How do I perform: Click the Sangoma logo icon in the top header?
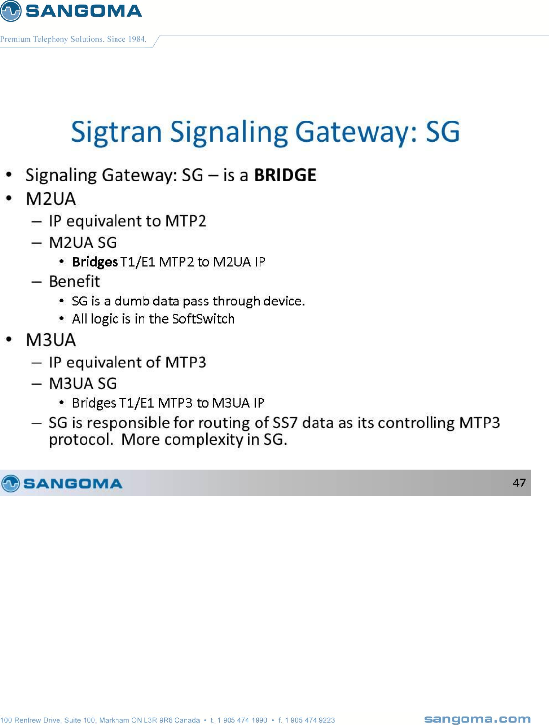click(x=10, y=11)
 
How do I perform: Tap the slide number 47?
click(x=519, y=483)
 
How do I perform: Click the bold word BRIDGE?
click(x=285, y=175)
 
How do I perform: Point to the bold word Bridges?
click(x=95, y=262)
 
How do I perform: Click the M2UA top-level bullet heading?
click(x=51, y=199)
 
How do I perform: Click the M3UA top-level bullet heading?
click(x=51, y=340)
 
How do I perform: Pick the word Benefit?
click(x=74, y=281)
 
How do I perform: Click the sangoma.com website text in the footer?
click(x=477, y=719)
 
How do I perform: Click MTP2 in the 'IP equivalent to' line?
click(x=185, y=221)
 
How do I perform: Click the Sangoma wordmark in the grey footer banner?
click(x=73, y=483)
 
